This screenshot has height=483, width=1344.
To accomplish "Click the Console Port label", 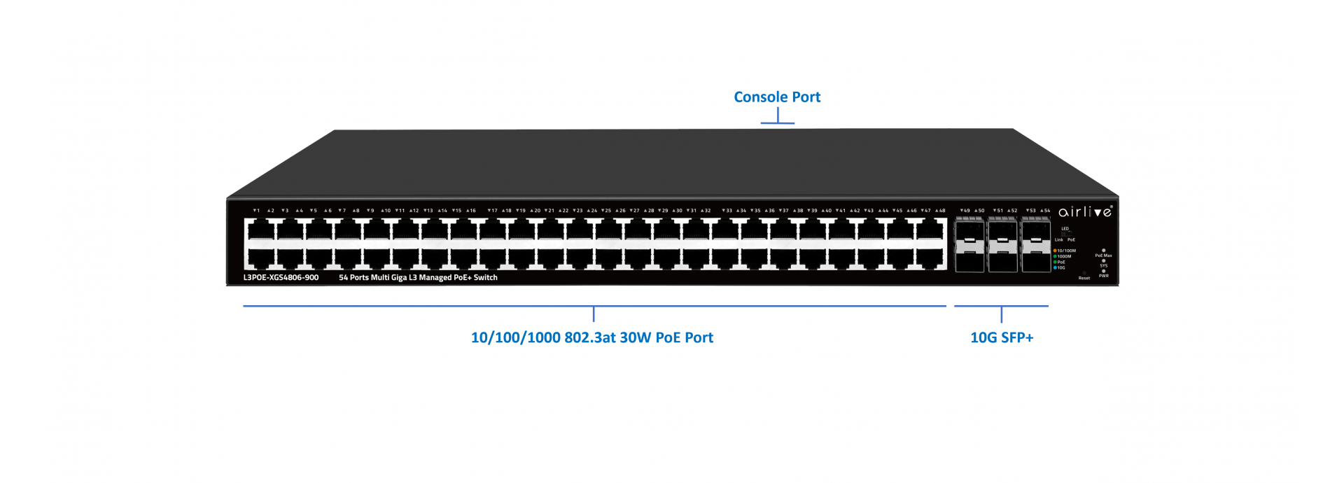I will pos(777,97).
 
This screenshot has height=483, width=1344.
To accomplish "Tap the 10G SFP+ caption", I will pos(1001,337).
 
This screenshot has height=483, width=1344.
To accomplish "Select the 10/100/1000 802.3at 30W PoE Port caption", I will pos(591,337).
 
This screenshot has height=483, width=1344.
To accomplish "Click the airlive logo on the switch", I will pos(1084,211).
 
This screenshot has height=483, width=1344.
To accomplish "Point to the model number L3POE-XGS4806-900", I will pos(281,278).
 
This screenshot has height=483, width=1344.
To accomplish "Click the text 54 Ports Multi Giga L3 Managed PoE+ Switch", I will pos(418,278).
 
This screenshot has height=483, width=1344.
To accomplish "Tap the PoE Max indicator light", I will pos(1104,251).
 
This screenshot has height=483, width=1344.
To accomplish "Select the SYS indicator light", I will pos(1104,261).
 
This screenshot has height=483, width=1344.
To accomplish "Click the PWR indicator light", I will pos(1104,271).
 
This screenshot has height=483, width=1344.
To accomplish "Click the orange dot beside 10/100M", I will pos(1055,251).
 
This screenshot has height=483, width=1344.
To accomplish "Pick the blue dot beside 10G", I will pos(1055,267).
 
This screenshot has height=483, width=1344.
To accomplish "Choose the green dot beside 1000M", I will pos(1055,256).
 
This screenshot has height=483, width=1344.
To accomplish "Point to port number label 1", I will pos(257,211).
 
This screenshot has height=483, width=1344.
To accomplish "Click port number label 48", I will pos(941,211).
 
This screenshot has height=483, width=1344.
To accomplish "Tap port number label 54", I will pos(1046,211).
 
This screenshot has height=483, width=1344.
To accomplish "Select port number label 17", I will pos(493,211).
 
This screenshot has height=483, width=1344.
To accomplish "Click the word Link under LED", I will pos(1058,240).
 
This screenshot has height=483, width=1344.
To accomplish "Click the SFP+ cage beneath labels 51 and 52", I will pos(1002,245).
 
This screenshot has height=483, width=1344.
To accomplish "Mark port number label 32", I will pos(706,211).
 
